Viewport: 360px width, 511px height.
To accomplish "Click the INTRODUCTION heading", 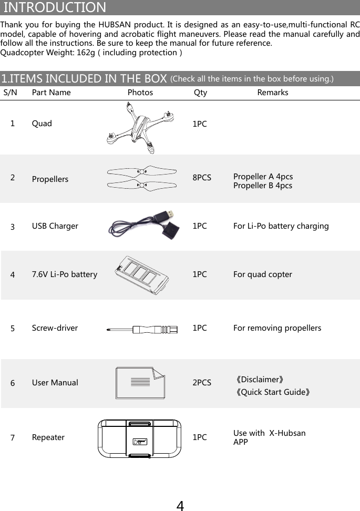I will click(55, 8).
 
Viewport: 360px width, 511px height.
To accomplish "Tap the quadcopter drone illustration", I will click(140, 128).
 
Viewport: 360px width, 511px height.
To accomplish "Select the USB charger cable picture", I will click(143, 225).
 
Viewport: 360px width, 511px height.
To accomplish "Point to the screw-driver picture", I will click(142, 330).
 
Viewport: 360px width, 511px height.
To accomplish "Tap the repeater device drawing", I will click(140, 438).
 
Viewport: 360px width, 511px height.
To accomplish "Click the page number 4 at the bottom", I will click(180, 506).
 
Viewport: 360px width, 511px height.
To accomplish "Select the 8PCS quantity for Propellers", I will click(202, 178).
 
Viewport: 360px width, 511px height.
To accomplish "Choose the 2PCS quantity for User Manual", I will click(202, 383).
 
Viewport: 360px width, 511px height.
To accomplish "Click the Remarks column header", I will click(273, 93).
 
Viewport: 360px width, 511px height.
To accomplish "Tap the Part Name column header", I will click(51, 93).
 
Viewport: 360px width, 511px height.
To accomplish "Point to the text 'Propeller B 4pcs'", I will click(263, 186).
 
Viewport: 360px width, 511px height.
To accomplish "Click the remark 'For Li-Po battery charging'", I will click(281, 226).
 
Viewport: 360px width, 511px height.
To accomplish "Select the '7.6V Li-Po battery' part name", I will click(65, 274).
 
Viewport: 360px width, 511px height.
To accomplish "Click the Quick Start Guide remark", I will click(273, 392).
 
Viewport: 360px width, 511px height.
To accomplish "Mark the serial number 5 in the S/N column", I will click(13, 329).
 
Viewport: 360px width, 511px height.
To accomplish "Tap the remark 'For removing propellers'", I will click(277, 328).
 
